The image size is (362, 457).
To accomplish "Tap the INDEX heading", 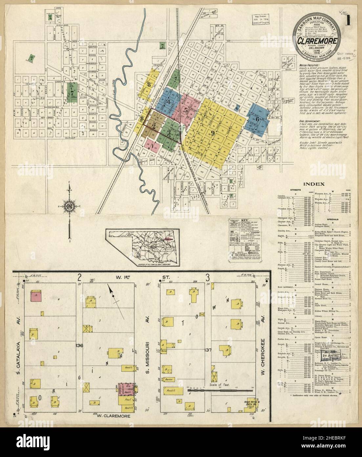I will (314, 184).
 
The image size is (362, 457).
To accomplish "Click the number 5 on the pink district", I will (186, 110).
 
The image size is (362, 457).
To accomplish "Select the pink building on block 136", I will (36, 296).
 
